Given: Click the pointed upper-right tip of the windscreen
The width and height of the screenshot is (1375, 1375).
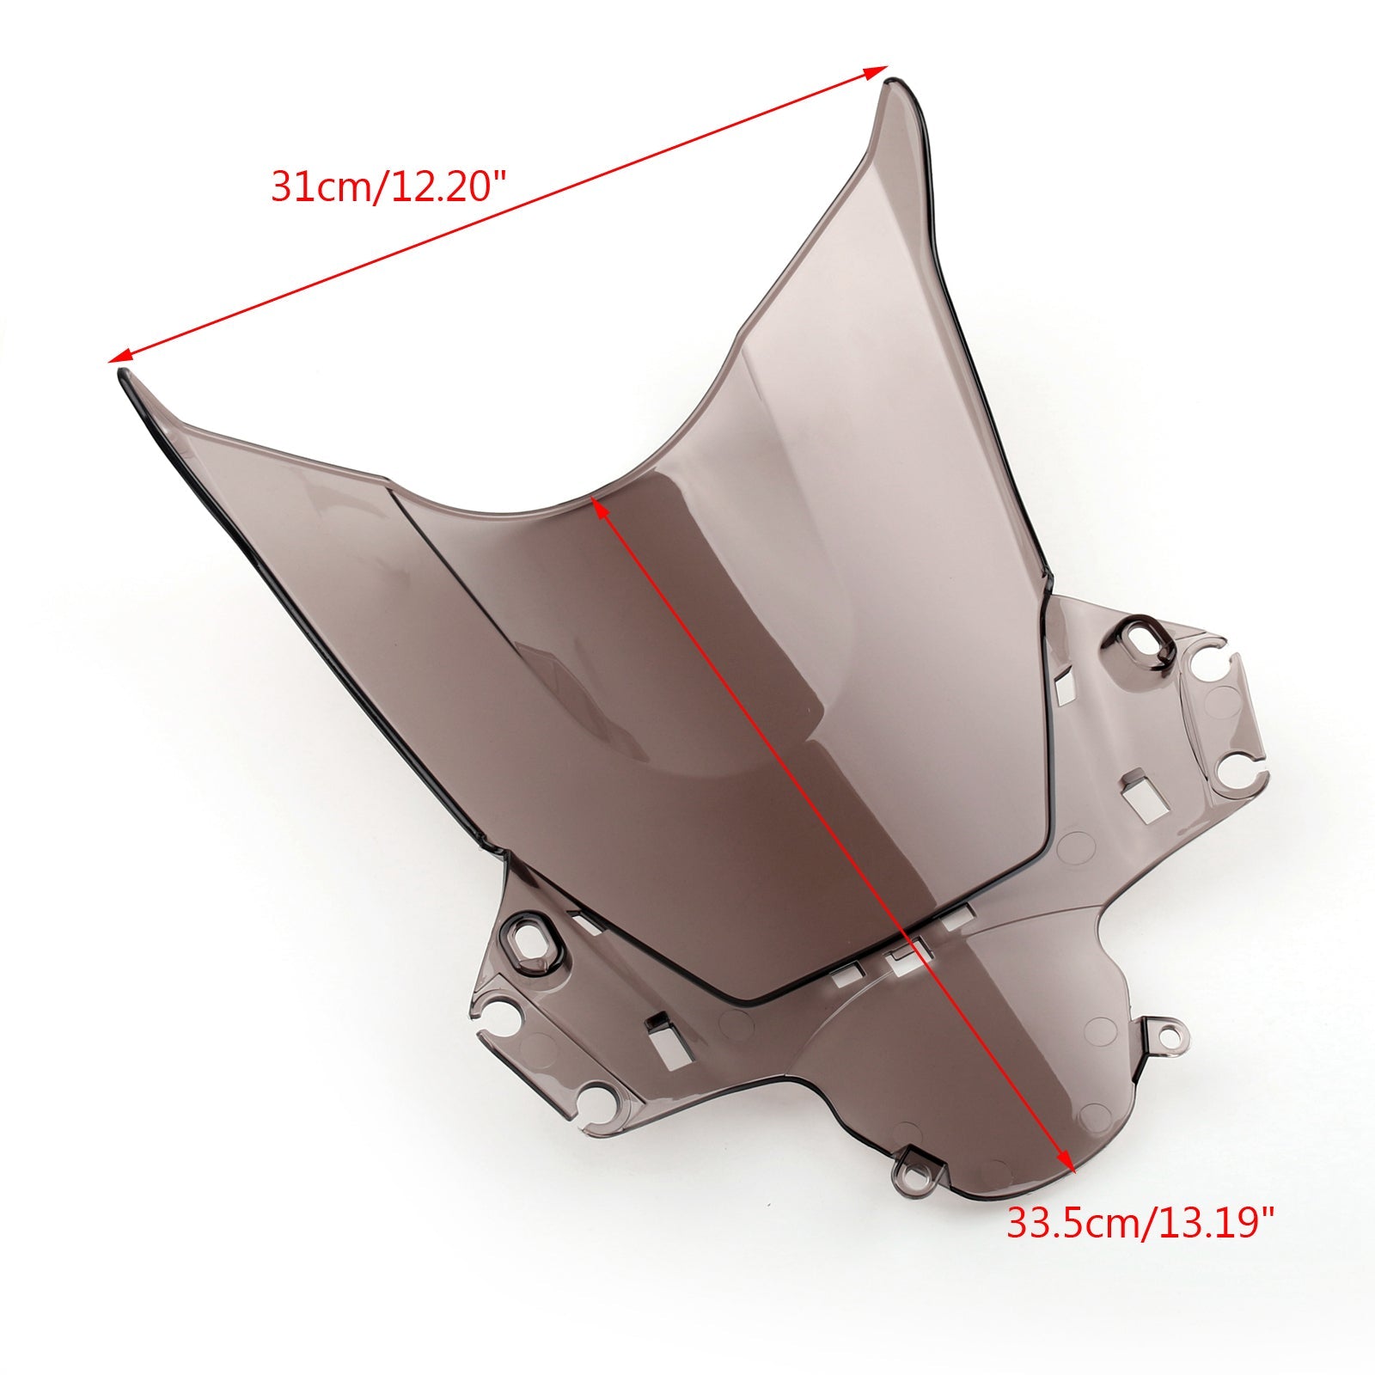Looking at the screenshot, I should click(x=894, y=86).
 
